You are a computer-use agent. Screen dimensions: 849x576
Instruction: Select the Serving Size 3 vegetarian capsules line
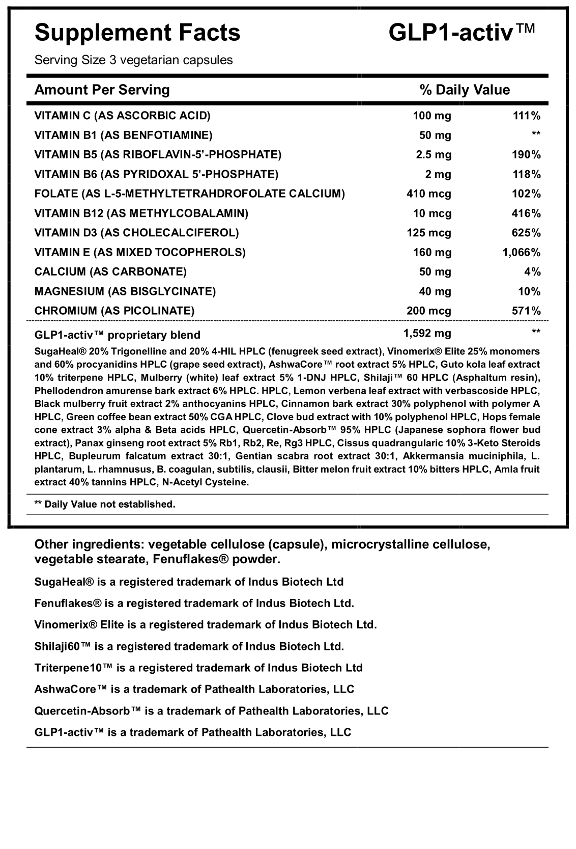click(x=133, y=60)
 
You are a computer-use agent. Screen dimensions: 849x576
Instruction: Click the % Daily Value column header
click(x=464, y=90)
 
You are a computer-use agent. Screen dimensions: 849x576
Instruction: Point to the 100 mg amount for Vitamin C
click(x=431, y=116)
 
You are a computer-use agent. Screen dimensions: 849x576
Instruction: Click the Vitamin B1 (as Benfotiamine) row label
click(x=123, y=135)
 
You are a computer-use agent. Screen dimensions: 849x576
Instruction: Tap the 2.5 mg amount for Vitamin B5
click(x=434, y=155)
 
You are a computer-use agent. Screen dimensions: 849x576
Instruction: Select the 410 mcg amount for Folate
click(x=428, y=194)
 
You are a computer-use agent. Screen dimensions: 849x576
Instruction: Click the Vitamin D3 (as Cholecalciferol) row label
click(x=136, y=233)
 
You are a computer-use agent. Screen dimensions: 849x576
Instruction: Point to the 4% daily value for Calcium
click(x=532, y=272)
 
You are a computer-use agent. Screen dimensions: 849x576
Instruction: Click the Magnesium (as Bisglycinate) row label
click(x=125, y=291)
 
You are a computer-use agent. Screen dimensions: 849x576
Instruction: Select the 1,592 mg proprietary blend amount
click(x=427, y=333)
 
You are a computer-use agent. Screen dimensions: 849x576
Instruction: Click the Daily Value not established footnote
click(x=104, y=504)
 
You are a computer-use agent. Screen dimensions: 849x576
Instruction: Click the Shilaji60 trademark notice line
click(x=189, y=646)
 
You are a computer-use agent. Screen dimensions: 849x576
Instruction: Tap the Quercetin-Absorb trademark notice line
click(x=211, y=711)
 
